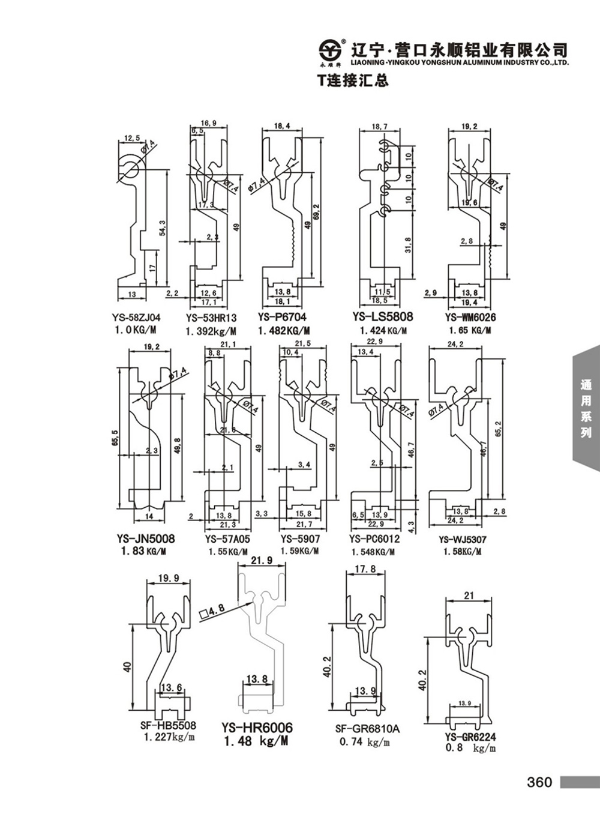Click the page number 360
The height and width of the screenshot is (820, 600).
coord(539,782)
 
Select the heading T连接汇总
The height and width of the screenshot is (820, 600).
coord(353,80)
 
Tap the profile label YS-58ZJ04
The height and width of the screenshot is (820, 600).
coord(139,318)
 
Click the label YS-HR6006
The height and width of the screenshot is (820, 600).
coord(257,728)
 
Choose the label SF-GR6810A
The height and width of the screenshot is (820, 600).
coord(367,729)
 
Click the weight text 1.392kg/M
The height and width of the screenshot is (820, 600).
coord(211,331)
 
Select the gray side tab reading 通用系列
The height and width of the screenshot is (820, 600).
coord(586,408)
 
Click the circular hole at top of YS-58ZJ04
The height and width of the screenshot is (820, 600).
coord(130,168)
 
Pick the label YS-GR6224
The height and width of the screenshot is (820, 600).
coord(470,737)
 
